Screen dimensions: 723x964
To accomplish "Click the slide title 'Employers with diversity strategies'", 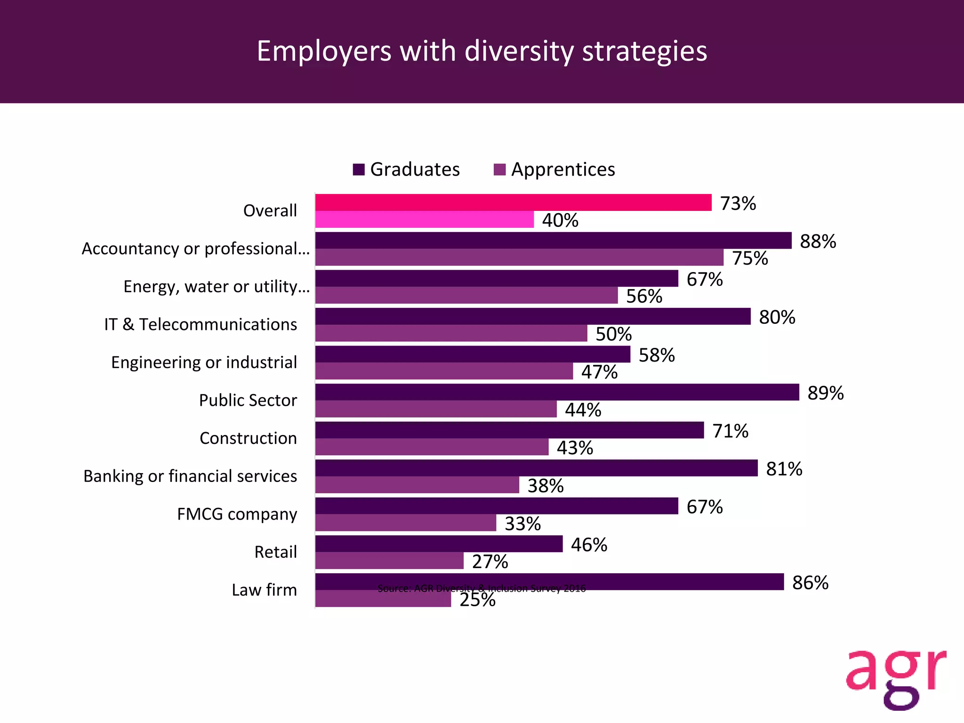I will coord(482,51).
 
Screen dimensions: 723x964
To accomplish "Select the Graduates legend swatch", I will coord(359,169).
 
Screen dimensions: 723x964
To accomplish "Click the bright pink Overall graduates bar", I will coord(513,202).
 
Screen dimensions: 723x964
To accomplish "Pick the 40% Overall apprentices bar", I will coord(424,220).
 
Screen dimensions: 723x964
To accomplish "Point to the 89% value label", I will coord(826,393).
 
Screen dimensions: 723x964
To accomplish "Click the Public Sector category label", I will coord(248,401).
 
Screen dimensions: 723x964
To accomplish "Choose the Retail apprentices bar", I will coord(389,561).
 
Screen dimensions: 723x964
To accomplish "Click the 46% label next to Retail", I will coord(589,545).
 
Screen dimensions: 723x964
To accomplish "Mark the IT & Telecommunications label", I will coord(201,325).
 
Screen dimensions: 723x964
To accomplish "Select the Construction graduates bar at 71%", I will coord(509,430).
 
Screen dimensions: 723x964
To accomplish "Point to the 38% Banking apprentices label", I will coord(546,486).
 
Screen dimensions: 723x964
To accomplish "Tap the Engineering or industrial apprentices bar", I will coord(444,371).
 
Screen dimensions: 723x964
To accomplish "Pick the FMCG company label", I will coord(237,514).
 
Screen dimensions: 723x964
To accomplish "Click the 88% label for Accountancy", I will coord(818,242).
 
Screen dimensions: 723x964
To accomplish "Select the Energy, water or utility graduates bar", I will coord(497,279).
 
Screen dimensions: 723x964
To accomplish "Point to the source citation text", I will coord(482,588).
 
